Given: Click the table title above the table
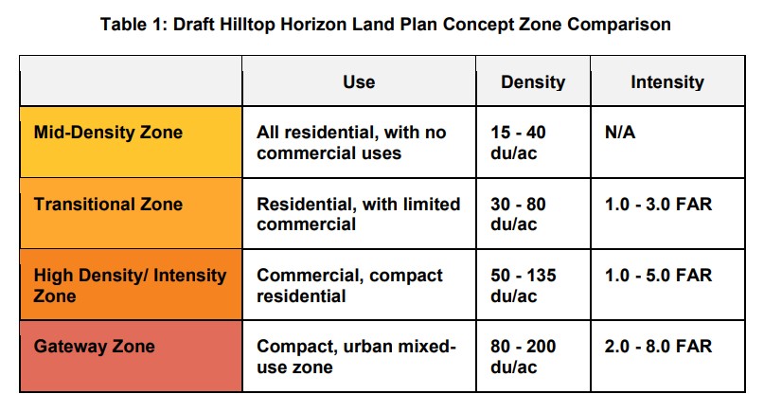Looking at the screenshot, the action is (x=385, y=24).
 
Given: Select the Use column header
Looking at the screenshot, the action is (x=359, y=81).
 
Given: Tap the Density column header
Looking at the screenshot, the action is (x=533, y=82).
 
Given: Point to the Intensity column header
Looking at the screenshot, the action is (x=667, y=82).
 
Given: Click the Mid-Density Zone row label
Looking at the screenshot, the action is (x=108, y=133).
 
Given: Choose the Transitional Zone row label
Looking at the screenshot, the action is (x=108, y=204).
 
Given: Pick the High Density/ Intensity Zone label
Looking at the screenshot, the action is (x=130, y=285).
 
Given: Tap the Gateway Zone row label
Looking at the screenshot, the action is (x=95, y=347).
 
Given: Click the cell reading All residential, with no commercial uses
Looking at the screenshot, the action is (x=351, y=142).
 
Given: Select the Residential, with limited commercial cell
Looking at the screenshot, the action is (x=359, y=214).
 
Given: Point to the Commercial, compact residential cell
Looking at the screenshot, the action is (x=350, y=285).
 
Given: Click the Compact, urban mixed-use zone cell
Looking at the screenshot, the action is (x=356, y=356).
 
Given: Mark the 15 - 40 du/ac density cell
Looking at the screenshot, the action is (x=518, y=142).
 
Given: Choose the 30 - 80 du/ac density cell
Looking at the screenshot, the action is (x=518, y=214).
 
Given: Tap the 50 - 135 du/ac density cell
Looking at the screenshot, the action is (x=524, y=285).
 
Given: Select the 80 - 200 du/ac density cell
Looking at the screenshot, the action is (x=524, y=356).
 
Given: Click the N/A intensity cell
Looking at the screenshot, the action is (x=620, y=133).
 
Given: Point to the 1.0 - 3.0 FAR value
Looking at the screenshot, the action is (x=658, y=204).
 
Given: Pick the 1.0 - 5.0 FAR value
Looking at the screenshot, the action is (x=658, y=275).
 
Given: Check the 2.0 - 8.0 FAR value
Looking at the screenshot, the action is (x=658, y=347).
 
